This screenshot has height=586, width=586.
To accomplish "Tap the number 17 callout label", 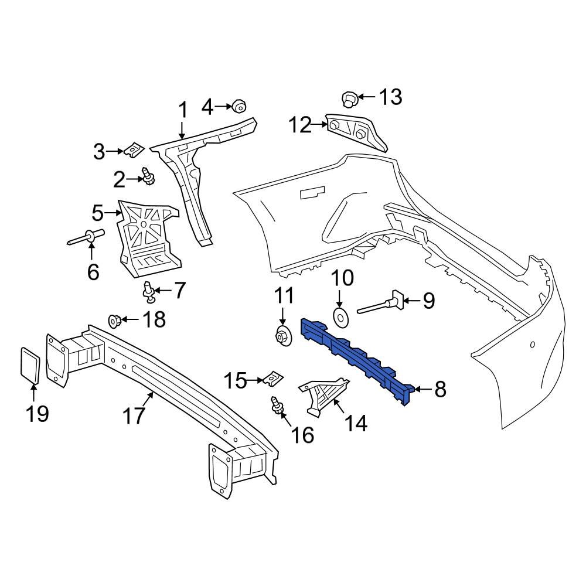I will click(133, 416).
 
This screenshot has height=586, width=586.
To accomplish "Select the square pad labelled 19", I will click(30, 366).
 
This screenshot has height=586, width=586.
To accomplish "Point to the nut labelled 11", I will click(282, 338).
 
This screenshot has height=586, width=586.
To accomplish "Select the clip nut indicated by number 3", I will click(134, 150).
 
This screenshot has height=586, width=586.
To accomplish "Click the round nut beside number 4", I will click(239, 106).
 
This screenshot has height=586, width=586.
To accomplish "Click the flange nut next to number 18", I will click(115, 321).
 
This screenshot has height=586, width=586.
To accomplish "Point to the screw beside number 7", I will click(149, 291).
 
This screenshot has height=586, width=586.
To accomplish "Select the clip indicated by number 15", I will click(271, 380).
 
